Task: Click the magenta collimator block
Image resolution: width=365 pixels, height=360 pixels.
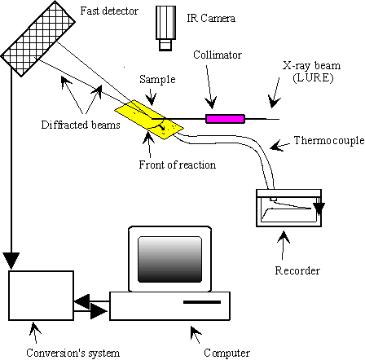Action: pyautogui.click(x=225, y=119)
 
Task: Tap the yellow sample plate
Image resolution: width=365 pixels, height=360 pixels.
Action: pyautogui.click(x=149, y=120)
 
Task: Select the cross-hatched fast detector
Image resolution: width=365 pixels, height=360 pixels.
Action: pyautogui.click(x=38, y=38)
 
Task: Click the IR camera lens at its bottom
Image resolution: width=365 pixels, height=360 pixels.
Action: pyautogui.click(x=165, y=45)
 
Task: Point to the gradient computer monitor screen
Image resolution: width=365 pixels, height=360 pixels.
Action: pyautogui.click(x=170, y=260)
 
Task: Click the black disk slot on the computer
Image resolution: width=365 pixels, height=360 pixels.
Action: pyautogui.click(x=202, y=302)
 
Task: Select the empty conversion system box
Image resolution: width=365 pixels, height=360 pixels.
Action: pyautogui.click(x=41, y=296)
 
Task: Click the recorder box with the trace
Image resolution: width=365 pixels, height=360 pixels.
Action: pyautogui.click(x=289, y=208)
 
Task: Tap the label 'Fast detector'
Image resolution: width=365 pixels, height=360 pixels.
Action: pyautogui.click(x=109, y=11)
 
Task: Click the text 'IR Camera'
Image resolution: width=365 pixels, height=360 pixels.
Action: pyautogui.click(x=211, y=18)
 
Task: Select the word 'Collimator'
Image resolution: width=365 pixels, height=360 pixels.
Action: pyautogui.click(x=218, y=55)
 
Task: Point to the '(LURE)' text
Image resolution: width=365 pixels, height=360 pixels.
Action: pyautogui.click(x=313, y=78)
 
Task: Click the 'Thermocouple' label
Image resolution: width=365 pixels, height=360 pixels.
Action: pyautogui.click(x=329, y=140)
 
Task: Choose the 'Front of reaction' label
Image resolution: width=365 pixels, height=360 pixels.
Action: pyautogui.click(x=178, y=165)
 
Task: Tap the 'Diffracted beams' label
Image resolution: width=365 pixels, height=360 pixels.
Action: pyautogui.click(x=81, y=125)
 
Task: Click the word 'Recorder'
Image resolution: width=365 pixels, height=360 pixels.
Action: pyautogui.click(x=297, y=270)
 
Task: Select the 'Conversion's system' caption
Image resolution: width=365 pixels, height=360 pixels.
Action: pyautogui.click(x=73, y=353)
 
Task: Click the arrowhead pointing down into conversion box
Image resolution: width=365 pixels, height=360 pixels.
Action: pyautogui.click(x=11, y=261)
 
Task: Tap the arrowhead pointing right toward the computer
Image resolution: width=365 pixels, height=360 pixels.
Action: pyautogui.click(x=99, y=311)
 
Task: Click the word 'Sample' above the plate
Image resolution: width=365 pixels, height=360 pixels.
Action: pyautogui.click(x=157, y=79)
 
